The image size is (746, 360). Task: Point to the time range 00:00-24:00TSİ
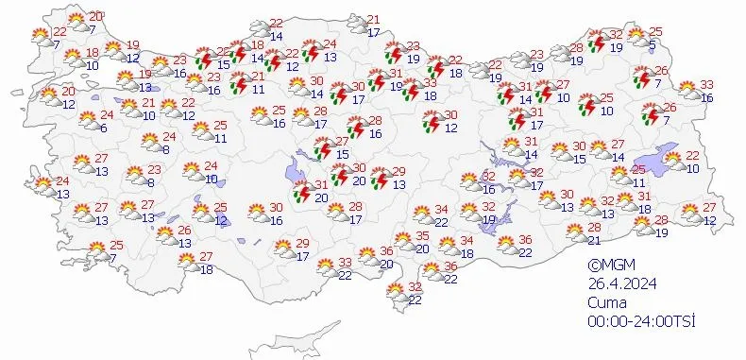pyautogui.click(x=640, y=322)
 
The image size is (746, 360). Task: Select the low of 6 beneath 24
pyautogui.click(x=102, y=129)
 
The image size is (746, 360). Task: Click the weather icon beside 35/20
pyautogui.click(x=404, y=242)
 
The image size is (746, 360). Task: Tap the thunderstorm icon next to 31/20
pyautogui.click(x=302, y=191)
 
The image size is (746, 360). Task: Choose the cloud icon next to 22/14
pyautogui.click(x=257, y=30)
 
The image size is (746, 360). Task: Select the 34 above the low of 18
pyautogui.click(x=466, y=240)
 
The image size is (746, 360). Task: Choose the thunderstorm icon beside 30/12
pyautogui.click(x=432, y=122)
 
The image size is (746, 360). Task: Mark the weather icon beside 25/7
pyautogui.click(x=98, y=252)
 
